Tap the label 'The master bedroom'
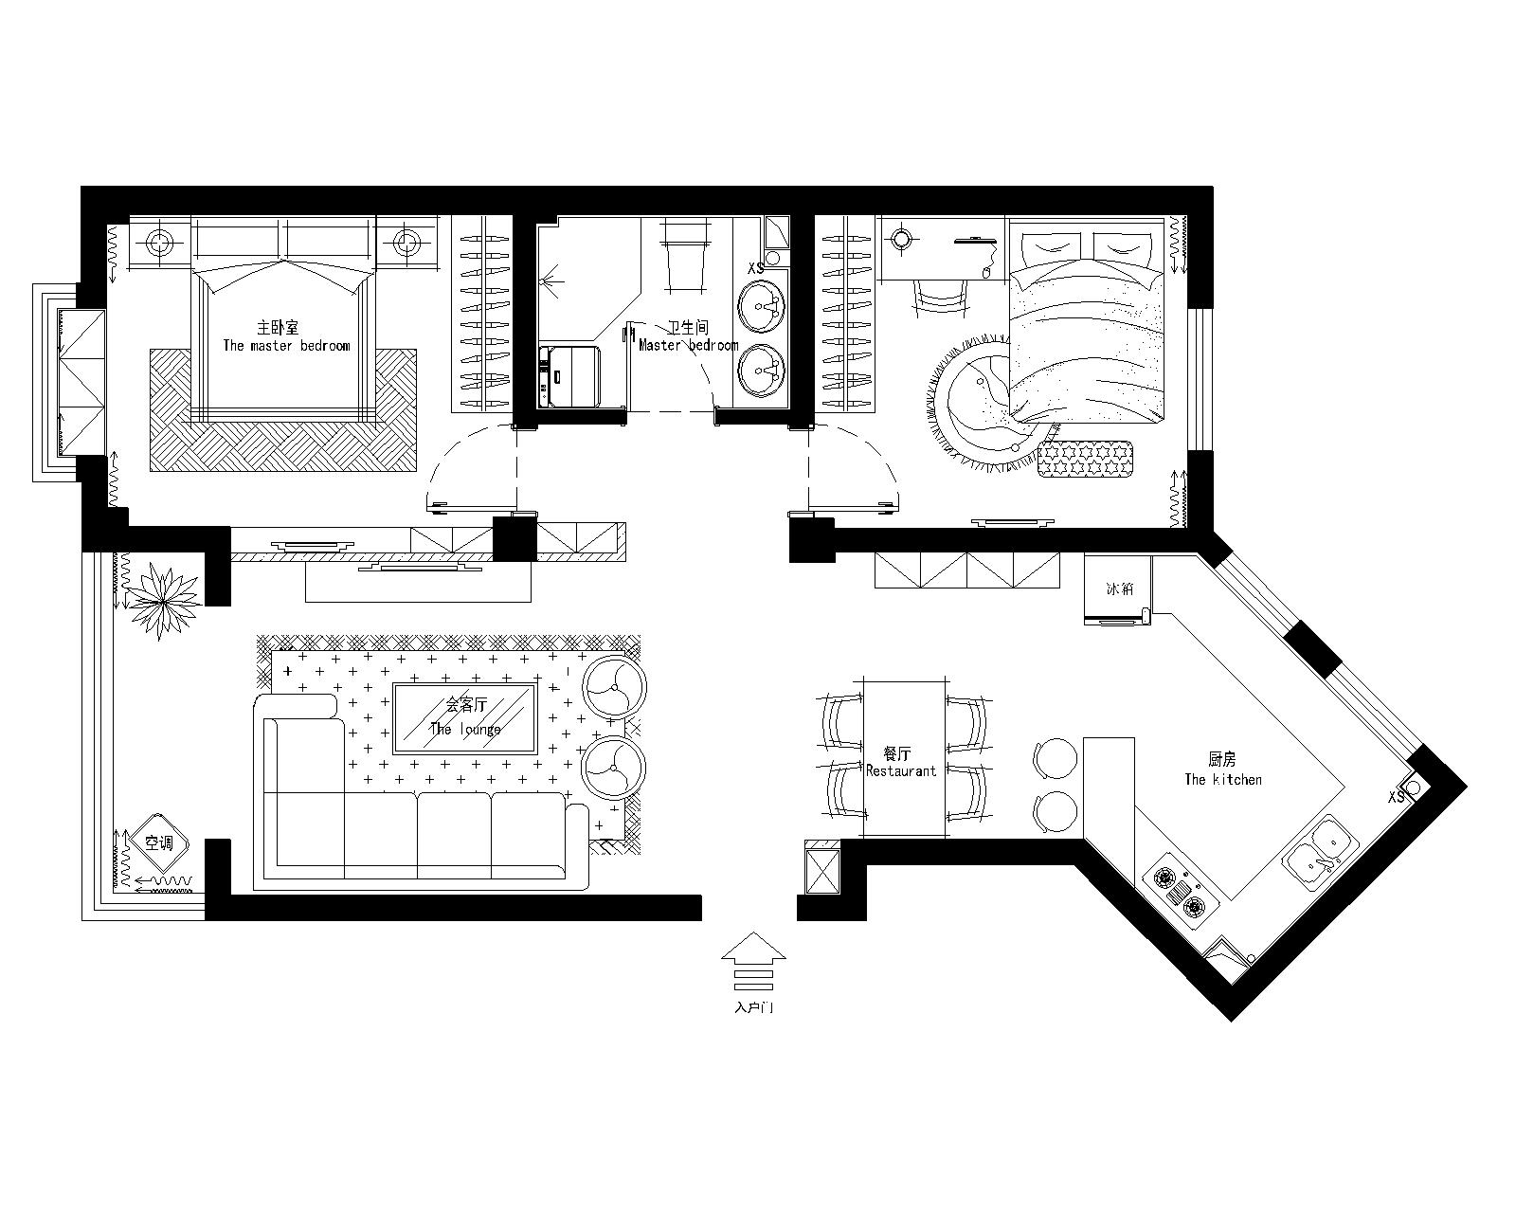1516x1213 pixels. (286, 345)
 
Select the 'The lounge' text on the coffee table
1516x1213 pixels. (465, 729)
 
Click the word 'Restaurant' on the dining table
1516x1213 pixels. (901, 771)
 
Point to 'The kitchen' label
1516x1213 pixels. (1223, 780)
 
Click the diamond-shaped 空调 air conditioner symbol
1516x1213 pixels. (158, 843)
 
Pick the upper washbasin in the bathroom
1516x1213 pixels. (761, 307)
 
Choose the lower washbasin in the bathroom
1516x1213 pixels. (761, 371)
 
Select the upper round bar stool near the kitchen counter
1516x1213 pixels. (1055, 758)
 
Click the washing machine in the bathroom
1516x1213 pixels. (569, 376)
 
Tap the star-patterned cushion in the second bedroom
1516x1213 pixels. (1085, 459)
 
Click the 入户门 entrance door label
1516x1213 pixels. (754, 1008)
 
